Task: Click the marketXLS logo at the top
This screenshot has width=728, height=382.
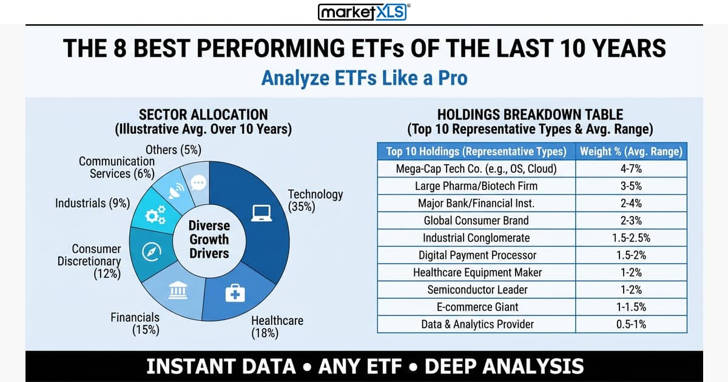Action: tap(364, 12)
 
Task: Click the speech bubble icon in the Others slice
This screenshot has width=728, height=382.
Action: tap(198, 183)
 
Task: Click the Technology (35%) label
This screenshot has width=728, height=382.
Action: tap(315, 200)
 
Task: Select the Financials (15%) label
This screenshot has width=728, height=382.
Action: tap(135, 323)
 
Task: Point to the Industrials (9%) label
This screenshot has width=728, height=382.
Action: tap(93, 204)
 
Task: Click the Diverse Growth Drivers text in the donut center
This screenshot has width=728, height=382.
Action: tap(208, 240)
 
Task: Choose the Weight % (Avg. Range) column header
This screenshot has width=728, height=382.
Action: tap(630, 151)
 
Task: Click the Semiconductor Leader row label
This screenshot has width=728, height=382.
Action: tap(477, 290)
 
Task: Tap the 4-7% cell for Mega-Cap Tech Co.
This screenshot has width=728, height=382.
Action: tap(630, 169)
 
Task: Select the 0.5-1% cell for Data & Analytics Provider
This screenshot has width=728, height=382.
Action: tap(630, 324)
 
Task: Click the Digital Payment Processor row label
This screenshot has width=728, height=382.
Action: tap(477, 255)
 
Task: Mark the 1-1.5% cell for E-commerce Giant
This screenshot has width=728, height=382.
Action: tap(630, 307)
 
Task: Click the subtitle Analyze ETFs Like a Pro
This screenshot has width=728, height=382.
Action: tap(364, 79)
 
